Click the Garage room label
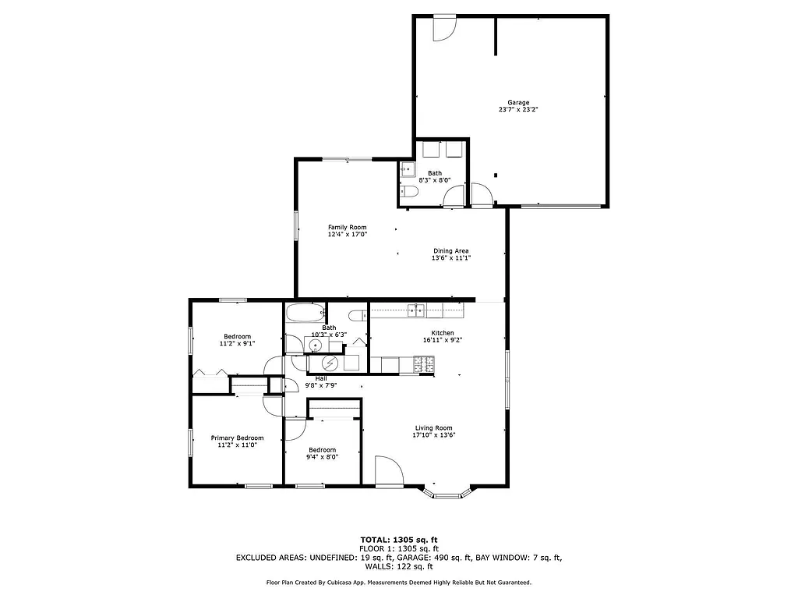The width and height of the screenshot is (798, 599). click(518, 102)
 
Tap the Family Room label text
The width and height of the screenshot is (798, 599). click(347, 227)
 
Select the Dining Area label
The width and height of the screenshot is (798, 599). click(450, 251)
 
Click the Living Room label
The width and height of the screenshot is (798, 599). click(433, 427)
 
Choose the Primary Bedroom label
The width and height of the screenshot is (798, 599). click(237, 438)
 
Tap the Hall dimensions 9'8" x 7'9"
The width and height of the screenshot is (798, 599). click(321, 385)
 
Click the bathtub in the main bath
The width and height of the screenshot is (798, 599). click(303, 314)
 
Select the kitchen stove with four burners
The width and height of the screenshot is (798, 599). click(423, 363)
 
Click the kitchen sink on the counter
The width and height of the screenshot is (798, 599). click(417, 310)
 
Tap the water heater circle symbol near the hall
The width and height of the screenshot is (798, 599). click(330, 363)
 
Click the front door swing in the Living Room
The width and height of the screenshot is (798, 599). click(387, 470)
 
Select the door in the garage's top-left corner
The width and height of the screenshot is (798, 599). click(445, 27)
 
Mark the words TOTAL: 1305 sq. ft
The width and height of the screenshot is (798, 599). click(399, 540)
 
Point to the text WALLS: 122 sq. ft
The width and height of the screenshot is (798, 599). click(399, 567)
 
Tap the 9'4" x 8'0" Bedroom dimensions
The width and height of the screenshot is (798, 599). click(322, 457)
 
